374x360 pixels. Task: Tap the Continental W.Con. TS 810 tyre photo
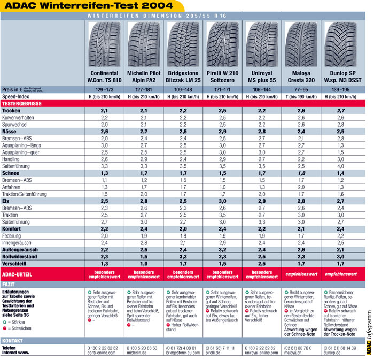click(105, 43)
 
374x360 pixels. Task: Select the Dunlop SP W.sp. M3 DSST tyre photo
click(340, 43)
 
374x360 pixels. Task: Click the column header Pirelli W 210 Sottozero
click(223, 76)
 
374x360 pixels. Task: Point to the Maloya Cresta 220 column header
click(301, 76)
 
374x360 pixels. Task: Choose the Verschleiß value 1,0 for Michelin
click(144, 263)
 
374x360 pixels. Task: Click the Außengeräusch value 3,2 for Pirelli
click(223, 249)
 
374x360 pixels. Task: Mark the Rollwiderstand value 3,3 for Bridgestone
click(183, 256)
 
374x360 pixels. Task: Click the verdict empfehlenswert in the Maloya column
click(301, 274)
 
